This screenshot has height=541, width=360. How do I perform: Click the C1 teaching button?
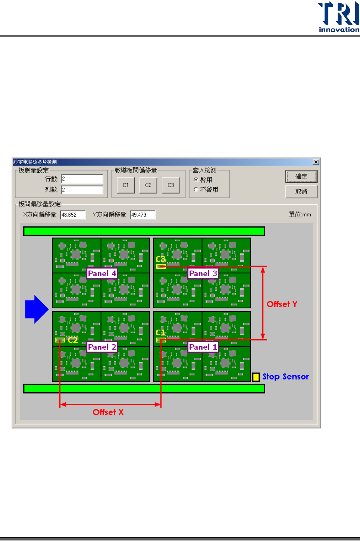pos(126,185)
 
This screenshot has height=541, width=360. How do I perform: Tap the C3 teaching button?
pos(170,185)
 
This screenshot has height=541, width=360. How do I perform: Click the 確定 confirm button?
pos(301,177)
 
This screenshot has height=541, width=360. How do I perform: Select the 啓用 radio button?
pos(196,180)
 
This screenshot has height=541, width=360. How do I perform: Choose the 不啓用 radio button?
pos(196,190)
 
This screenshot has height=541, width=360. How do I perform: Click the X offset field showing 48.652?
pos(73,215)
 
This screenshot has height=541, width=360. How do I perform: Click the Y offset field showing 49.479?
pos(143,215)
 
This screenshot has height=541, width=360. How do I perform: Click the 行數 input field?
pos(82,179)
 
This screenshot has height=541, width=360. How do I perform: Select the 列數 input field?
pos(82,190)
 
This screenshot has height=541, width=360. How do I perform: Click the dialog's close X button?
pos(316,162)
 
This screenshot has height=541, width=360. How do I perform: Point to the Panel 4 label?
pos(102,274)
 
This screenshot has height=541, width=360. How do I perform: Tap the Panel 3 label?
pos(203,274)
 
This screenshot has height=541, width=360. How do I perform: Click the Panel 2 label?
pos(102,347)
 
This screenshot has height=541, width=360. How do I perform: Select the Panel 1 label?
pos(203,347)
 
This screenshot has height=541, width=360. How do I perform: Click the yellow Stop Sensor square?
pos(256,377)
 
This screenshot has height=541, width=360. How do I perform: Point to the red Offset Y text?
pos(282,304)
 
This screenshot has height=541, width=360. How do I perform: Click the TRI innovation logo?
pos(338,17)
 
